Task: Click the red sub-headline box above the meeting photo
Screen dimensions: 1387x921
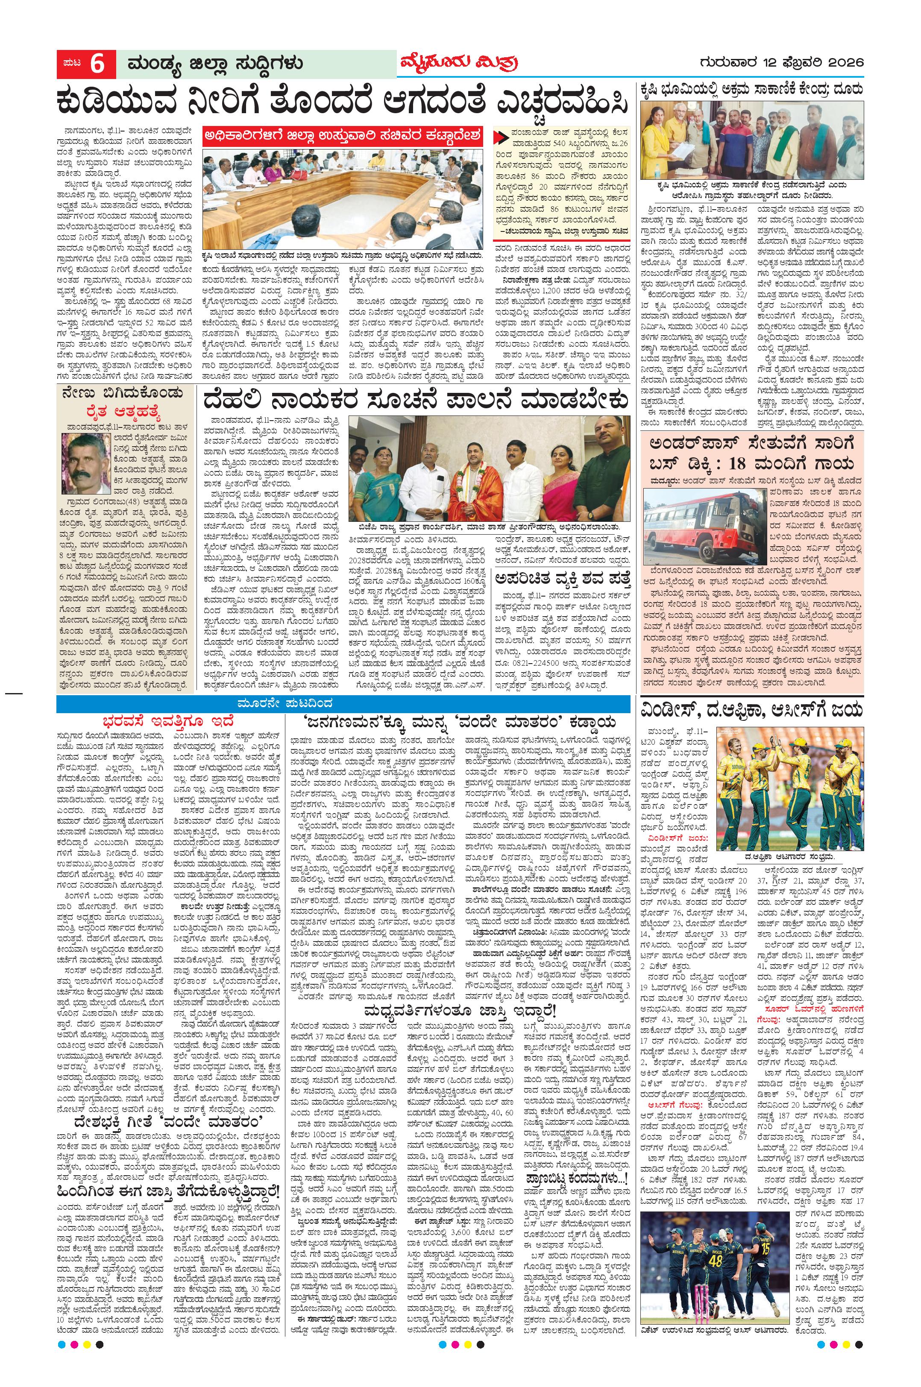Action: click(x=343, y=136)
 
